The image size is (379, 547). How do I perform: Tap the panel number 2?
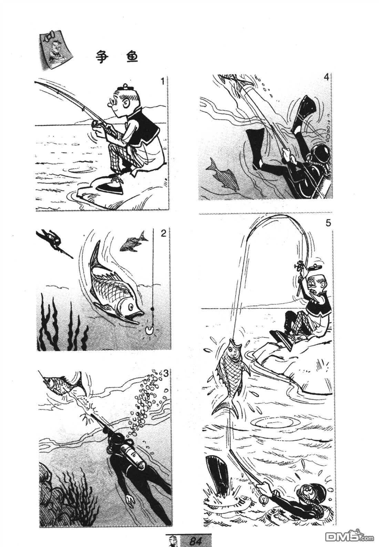click(163, 234)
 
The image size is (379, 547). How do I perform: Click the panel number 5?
click(328, 223)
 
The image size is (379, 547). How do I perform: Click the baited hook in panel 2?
click(148, 331)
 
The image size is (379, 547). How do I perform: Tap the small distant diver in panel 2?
click(54, 242)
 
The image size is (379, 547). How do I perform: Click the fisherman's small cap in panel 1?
click(125, 87)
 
